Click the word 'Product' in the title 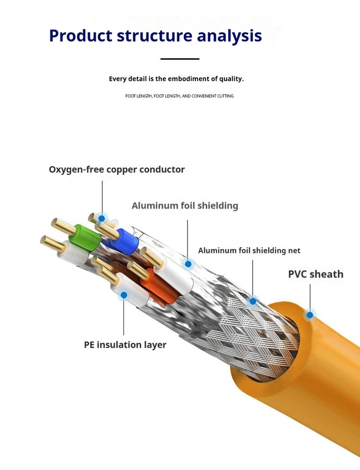(81, 35)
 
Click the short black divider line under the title (180, 59)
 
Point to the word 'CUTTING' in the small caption (225, 96)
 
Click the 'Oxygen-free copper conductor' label (117, 170)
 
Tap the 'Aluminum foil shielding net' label (249, 251)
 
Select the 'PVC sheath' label (315, 274)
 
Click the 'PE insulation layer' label (125, 345)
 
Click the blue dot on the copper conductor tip (102, 218)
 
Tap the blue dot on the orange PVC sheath (310, 315)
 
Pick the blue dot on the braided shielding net (253, 301)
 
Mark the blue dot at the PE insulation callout (124, 295)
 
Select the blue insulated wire (125, 241)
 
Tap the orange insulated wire (161, 285)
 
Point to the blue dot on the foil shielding (188, 264)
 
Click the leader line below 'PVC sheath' (310, 298)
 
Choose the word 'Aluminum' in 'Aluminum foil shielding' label (155, 206)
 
